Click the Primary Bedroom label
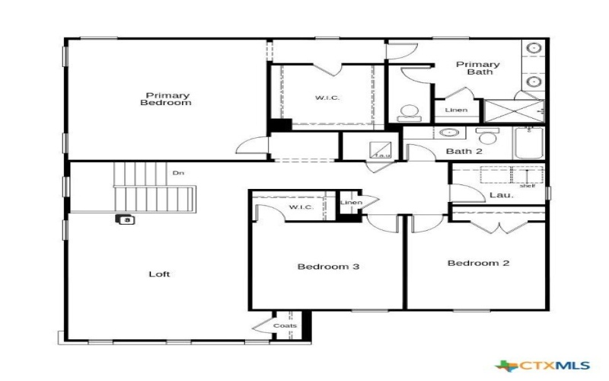pos(165,99)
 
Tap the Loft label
pos(159,274)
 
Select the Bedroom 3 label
pos(328,267)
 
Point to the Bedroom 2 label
pos(478,264)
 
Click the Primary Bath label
pos(478,69)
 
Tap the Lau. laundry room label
pos(502,195)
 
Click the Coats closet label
pos(285,326)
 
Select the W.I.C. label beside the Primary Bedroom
pos(327,98)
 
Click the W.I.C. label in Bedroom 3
pos(302,208)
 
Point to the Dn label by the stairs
pos(178,173)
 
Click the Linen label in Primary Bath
pos(456,110)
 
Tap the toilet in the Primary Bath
pos(409,113)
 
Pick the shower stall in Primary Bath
pos(515,110)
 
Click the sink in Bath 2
pos(450,133)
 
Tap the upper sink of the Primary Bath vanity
pos(534,49)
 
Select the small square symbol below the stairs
pos(126,220)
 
